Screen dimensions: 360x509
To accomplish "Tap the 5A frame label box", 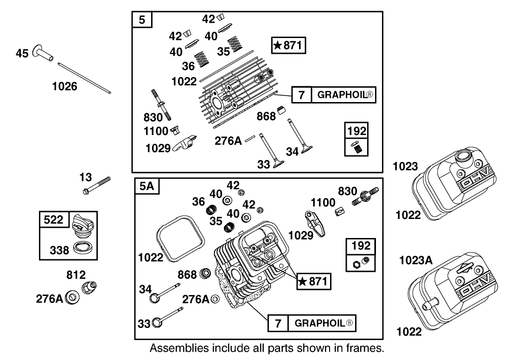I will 146,186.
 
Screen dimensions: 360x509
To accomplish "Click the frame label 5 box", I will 142,20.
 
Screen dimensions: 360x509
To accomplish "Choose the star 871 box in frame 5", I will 289,45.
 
